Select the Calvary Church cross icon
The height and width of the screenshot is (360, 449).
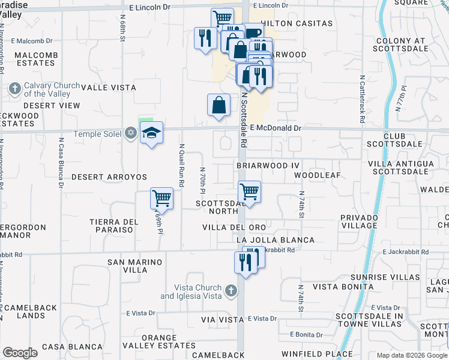coord(15,89)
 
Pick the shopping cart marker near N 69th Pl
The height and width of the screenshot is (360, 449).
coord(161,198)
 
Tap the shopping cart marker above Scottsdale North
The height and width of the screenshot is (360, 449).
coord(249,192)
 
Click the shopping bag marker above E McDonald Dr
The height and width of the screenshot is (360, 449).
coord(219,104)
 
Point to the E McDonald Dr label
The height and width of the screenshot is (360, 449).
coord(275,128)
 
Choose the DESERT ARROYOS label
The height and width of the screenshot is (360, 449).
coord(109,178)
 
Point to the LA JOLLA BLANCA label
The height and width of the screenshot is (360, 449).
coord(275,240)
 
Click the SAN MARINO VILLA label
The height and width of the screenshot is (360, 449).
coord(135,266)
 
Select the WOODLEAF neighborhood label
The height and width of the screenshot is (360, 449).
coord(318,175)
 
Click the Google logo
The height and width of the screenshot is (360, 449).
coord(20,352)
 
